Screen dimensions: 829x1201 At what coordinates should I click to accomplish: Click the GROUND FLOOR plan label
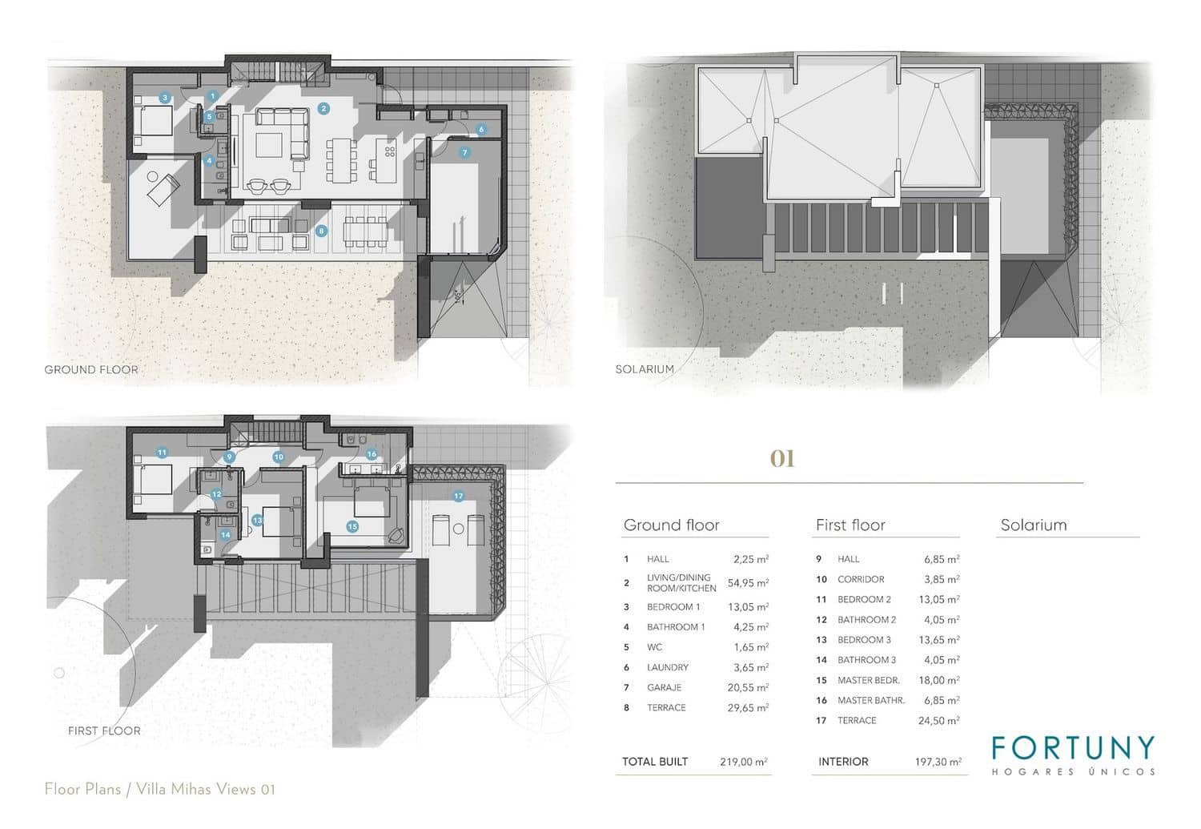tap(91, 369)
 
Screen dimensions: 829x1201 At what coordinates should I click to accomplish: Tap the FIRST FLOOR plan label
tap(104, 730)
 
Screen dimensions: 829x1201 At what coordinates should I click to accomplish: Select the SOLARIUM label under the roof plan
tap(645, 369)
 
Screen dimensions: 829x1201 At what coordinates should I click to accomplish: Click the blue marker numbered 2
tap(323, 108)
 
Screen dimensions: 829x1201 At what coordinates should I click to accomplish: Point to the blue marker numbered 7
tap(464, 152)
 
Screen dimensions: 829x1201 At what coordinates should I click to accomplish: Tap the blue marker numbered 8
tap(322, 231)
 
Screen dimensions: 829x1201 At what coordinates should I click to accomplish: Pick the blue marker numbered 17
tap(458, 496)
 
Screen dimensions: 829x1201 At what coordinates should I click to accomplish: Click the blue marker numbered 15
tap(352, 526)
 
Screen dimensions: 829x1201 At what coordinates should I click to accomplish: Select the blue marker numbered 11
tap(162, 453)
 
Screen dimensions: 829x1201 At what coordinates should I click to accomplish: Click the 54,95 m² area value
tap(748, 583)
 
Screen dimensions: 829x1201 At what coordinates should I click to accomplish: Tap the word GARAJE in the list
tap(665, 687)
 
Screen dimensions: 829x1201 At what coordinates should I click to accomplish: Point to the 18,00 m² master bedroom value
tap(938, 680)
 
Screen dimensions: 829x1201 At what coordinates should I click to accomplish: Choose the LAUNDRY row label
tap(668, 667)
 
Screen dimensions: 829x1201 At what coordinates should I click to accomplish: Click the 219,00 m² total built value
tap(743, 762)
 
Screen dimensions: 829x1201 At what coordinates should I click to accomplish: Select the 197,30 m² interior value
tap(938, 762)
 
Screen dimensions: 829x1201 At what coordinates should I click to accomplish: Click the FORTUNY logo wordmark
tap(1073, 747)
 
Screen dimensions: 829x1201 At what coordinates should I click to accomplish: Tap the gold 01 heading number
tap(782, 459)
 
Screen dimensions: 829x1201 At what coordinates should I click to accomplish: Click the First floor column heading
tap(850, 525)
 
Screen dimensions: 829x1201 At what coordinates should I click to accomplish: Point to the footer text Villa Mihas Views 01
tap(206, 789)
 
